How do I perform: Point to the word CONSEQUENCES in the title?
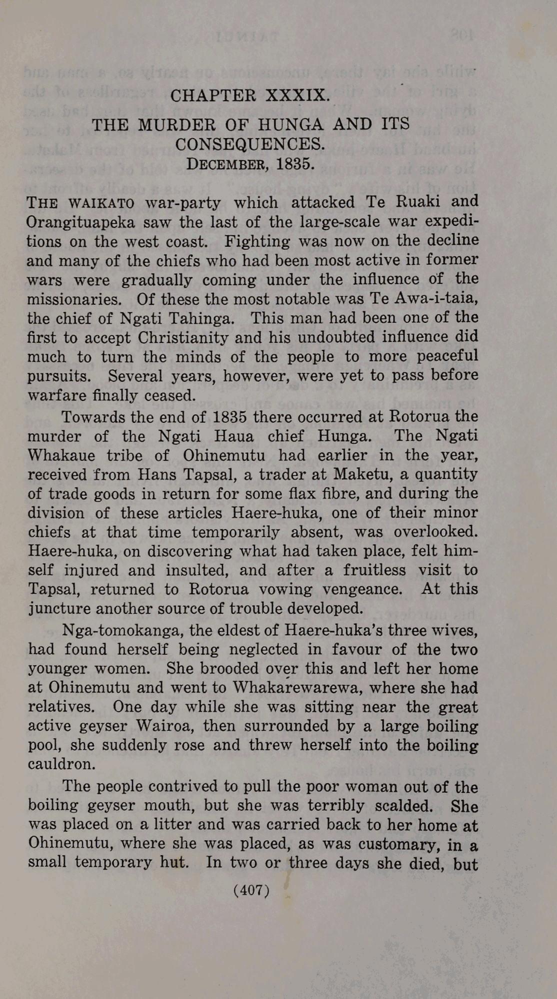pos(250,144)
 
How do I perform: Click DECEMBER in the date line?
pos(222,164)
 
